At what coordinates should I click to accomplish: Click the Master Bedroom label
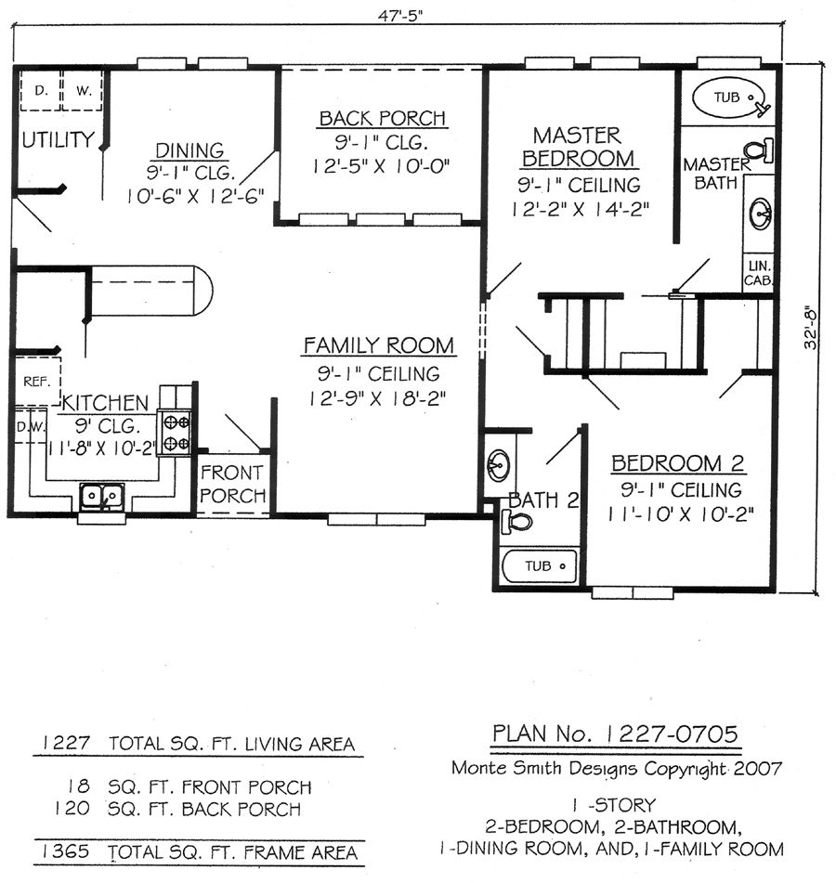[x=578, y=147]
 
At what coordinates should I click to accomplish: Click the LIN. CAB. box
[x=757, y=272]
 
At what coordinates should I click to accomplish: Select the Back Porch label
[x=382, y=118]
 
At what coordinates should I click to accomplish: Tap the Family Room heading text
[x=379, y=345]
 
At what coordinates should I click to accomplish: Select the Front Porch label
[x=232, y=483]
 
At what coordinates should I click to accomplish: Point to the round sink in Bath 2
[x=500, y=461]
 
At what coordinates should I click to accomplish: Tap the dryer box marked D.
[x=40, y=90]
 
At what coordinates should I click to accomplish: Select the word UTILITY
[x=58, y=140]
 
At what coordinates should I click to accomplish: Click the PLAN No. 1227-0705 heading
[x=615, y=734]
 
